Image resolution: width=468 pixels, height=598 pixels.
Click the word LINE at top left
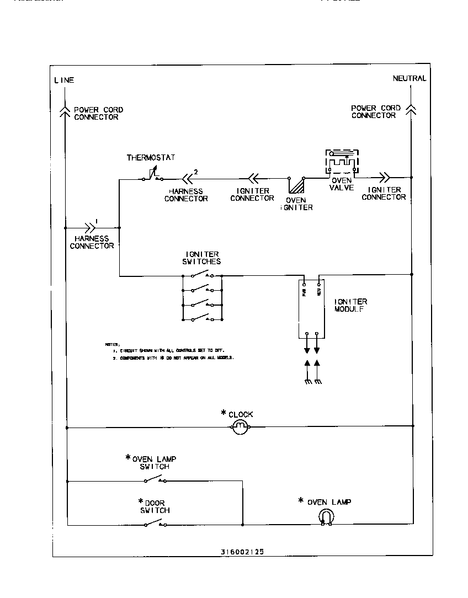click(x=64, y=80)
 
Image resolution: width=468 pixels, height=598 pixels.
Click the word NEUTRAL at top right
click(x=409, y=78)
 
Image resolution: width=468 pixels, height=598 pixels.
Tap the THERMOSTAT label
click(x=151, y=158)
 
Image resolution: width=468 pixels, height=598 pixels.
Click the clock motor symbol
click(x=240, y=426)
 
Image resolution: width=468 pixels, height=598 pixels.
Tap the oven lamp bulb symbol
click(x=326, y=517)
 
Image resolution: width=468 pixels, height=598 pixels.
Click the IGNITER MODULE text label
click(x=350, y=306)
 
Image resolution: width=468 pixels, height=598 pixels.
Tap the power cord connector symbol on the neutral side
click(x=411, y=109)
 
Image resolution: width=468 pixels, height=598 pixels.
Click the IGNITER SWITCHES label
click(x=201, y=258)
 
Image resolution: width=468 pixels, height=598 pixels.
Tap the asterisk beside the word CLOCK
click(x=224, y=413)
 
